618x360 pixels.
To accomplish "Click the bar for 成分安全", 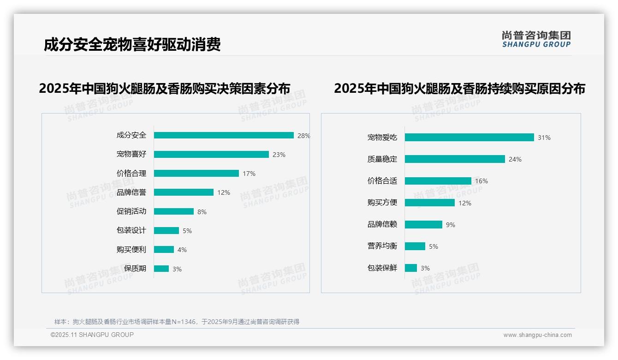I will (224, 135).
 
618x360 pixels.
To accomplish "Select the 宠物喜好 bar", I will (211, 154).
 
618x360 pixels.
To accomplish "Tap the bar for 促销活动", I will (174, 211).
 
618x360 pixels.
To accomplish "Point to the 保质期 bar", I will (161, 269).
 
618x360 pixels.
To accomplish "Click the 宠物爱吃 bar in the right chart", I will (469, 137).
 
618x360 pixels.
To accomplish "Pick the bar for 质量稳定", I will (455, 159).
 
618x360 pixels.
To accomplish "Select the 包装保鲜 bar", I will (411, 268).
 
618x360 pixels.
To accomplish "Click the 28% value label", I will (303, 136).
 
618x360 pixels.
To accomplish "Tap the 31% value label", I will (544, 138).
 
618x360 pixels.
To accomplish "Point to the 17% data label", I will (249, 174).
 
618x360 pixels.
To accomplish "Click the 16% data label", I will (481, 181).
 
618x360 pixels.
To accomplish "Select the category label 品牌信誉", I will (131, 192).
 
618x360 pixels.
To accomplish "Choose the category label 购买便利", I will (131, 249).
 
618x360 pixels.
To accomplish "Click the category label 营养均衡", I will (382, 246).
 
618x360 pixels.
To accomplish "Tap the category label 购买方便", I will (382, 202).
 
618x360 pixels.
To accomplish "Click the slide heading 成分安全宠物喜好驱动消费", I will (132, 44).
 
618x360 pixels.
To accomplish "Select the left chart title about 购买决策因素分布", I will (165, 88).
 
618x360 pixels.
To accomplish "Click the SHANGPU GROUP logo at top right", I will (536, 39).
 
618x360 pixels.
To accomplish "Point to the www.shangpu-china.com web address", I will (537, 335).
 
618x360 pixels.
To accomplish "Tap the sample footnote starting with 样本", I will (177, 322).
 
